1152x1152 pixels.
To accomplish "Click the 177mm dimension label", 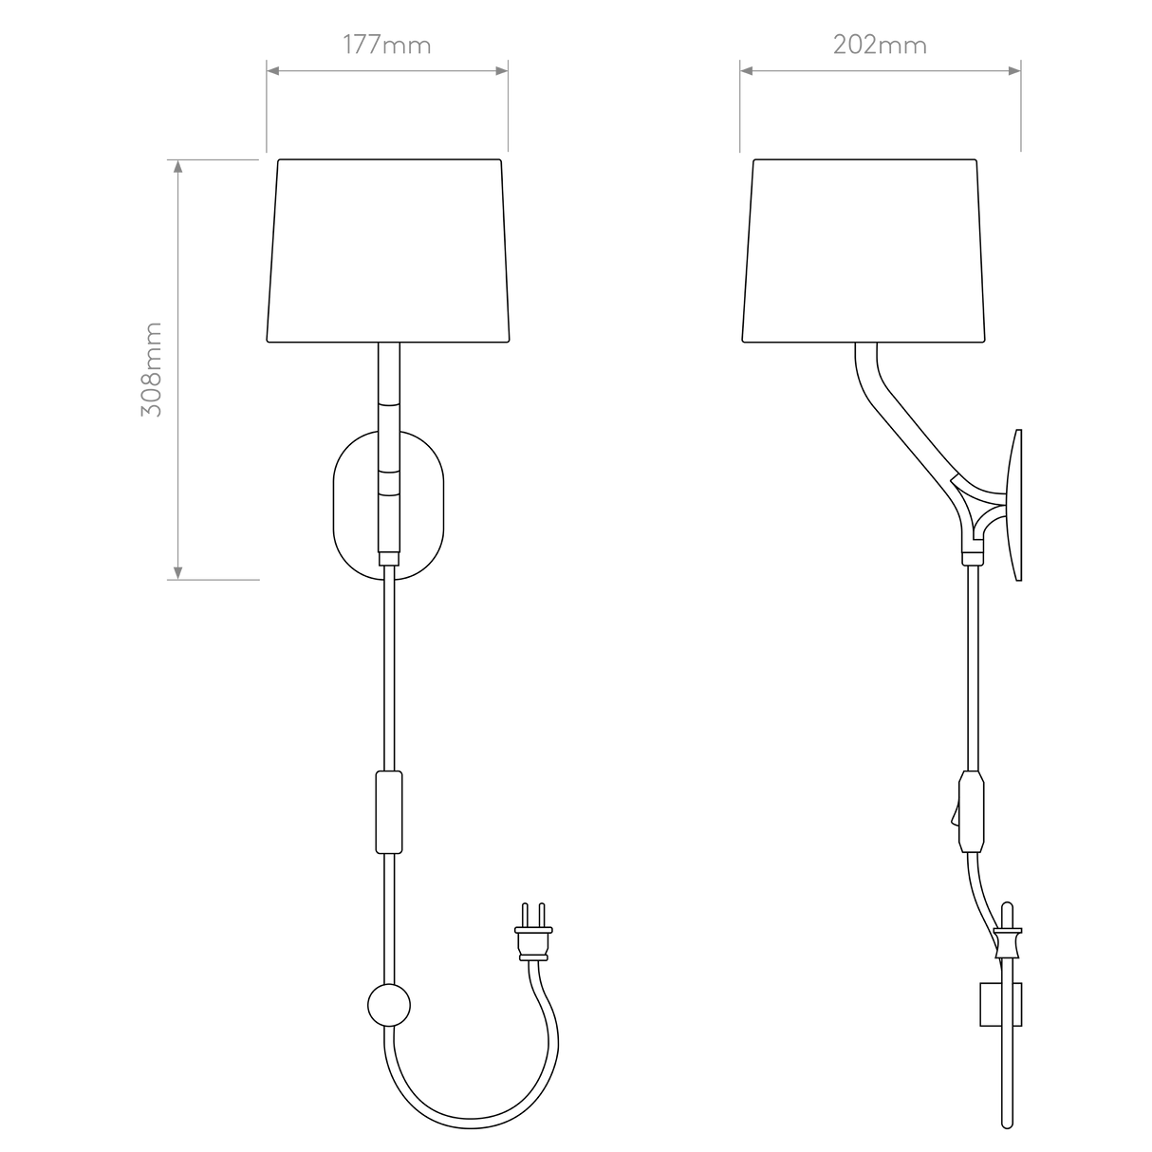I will (x=387, y=46).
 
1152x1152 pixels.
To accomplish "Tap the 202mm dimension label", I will (x=880, y=46).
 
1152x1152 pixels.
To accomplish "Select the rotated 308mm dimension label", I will (x=152, y=369).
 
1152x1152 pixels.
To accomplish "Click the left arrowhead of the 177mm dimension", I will (x=273, y=71).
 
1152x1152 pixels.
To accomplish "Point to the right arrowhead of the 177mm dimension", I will (x=501, y=71).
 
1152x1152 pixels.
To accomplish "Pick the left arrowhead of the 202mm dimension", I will (x=747, y=71).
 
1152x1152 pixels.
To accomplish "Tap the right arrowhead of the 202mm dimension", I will (x=1013, y=71).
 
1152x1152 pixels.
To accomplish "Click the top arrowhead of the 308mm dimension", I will (x=177, y=169).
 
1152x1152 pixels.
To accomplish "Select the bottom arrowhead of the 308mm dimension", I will (x=177, y=571).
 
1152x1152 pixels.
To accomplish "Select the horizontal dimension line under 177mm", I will (x=387, y=71).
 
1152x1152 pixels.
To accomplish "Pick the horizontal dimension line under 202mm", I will (x=880, y=71).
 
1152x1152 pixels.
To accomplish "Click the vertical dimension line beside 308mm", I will (x=177, y=446).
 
